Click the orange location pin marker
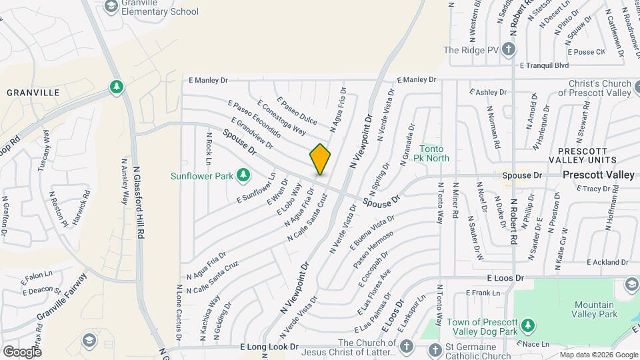click(x=320, y=159)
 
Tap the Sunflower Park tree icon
click(x=244, y=175)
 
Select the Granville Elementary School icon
click(x=111, y=6)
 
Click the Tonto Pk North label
click(x=434, y=153)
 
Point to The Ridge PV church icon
click(x=508, y=49)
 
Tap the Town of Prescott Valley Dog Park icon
click(x=528, y=325)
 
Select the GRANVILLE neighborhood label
click(x=33, y=93)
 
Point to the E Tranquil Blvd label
click(x=545, y=65)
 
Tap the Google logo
click(x=23, y=351)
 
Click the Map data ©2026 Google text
click(x=598, y=355)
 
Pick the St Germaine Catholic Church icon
click(x=434, y=349)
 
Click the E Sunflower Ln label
click(x=255, y=191)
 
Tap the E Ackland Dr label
click(x=607, y=262)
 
